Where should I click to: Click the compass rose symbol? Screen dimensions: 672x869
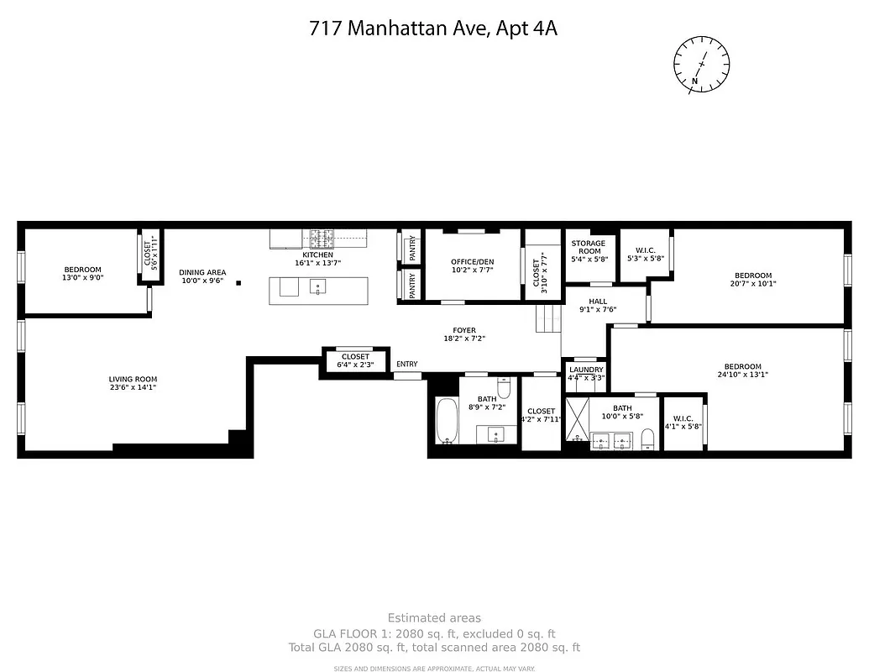point(701,63)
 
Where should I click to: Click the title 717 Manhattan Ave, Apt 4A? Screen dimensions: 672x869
point(433,29)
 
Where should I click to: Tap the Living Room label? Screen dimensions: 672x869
point(133,379)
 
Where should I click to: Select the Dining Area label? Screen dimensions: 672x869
point(202,272)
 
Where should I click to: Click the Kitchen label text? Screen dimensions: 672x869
point(317,255)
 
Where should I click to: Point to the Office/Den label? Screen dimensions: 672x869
point(472,262)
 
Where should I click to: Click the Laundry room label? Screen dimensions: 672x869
point(585,370)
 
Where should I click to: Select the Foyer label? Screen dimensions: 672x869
point(464,330)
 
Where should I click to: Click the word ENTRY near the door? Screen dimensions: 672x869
point(406,364)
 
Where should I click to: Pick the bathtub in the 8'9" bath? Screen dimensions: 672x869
point(445,422)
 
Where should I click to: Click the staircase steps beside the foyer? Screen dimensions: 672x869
point(549,318)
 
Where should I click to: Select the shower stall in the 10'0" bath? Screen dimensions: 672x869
point(577,422)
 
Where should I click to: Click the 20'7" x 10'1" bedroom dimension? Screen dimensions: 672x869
point(752,284)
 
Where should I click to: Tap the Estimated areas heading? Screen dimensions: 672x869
point(434,618)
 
